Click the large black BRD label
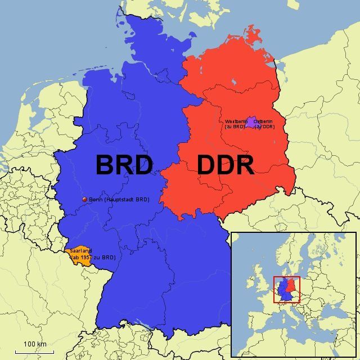pyautogui.click(x=124, y=165)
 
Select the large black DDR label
pyautogui.click(x=225, y=165)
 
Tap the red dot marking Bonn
pyautogui.click(x=84, y=199)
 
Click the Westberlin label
pyautogui.click(x=236, y=121)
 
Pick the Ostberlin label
pyautogui.click(x=264, y=121)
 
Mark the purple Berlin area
pyautogui.click(x=250, y=120)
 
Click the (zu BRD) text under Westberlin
pyautogui.click(x=236, y=127)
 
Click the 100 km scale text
pyautogui.click(x=35, y=343)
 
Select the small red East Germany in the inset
pyautogui.click(x=291, y=286)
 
